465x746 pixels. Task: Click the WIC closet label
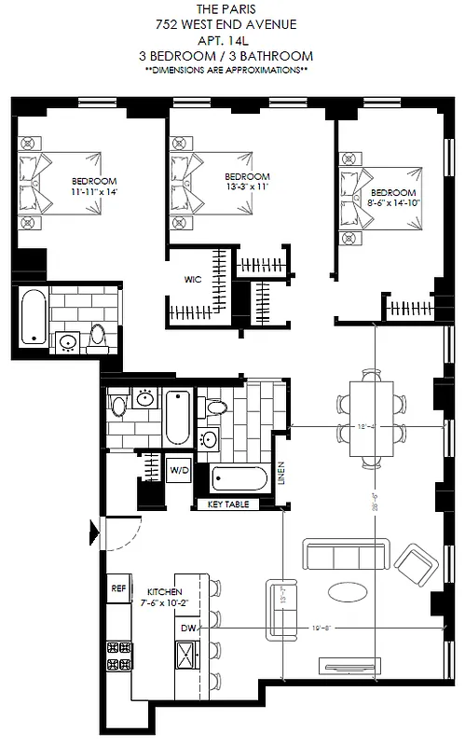[x=193, y=277]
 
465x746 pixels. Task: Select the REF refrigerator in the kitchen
[x=118, y=588]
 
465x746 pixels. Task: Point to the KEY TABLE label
[x=221, y=504]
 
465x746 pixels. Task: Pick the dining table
[x=371, y=418]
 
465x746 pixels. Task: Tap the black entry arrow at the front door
[x=93, y=534]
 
